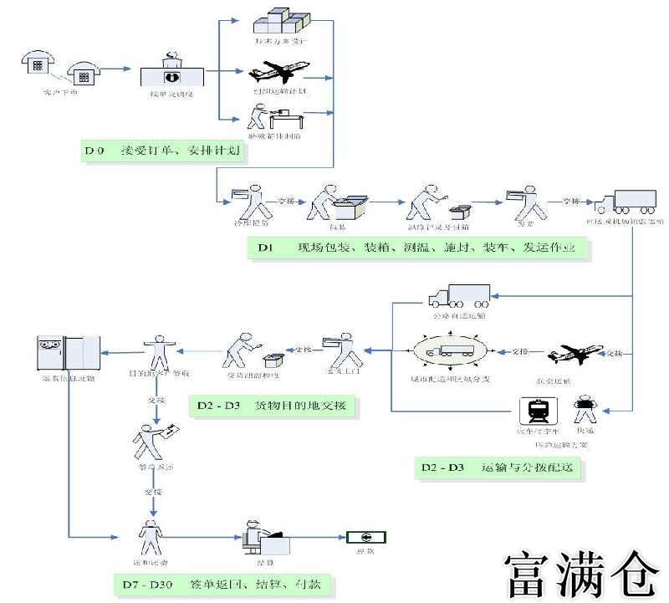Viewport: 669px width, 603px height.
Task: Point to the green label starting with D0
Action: click(x=164, y=151)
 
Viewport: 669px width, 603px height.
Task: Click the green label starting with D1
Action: click(x=418, y=248)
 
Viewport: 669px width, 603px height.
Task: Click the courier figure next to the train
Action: click(x=584, y=411)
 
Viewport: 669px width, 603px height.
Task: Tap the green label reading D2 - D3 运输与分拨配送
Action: click(x=498, y=468)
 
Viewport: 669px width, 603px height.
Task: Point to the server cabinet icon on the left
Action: click(x=68, y=355)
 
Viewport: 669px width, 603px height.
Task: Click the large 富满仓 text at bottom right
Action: click(x=580, y=573)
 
